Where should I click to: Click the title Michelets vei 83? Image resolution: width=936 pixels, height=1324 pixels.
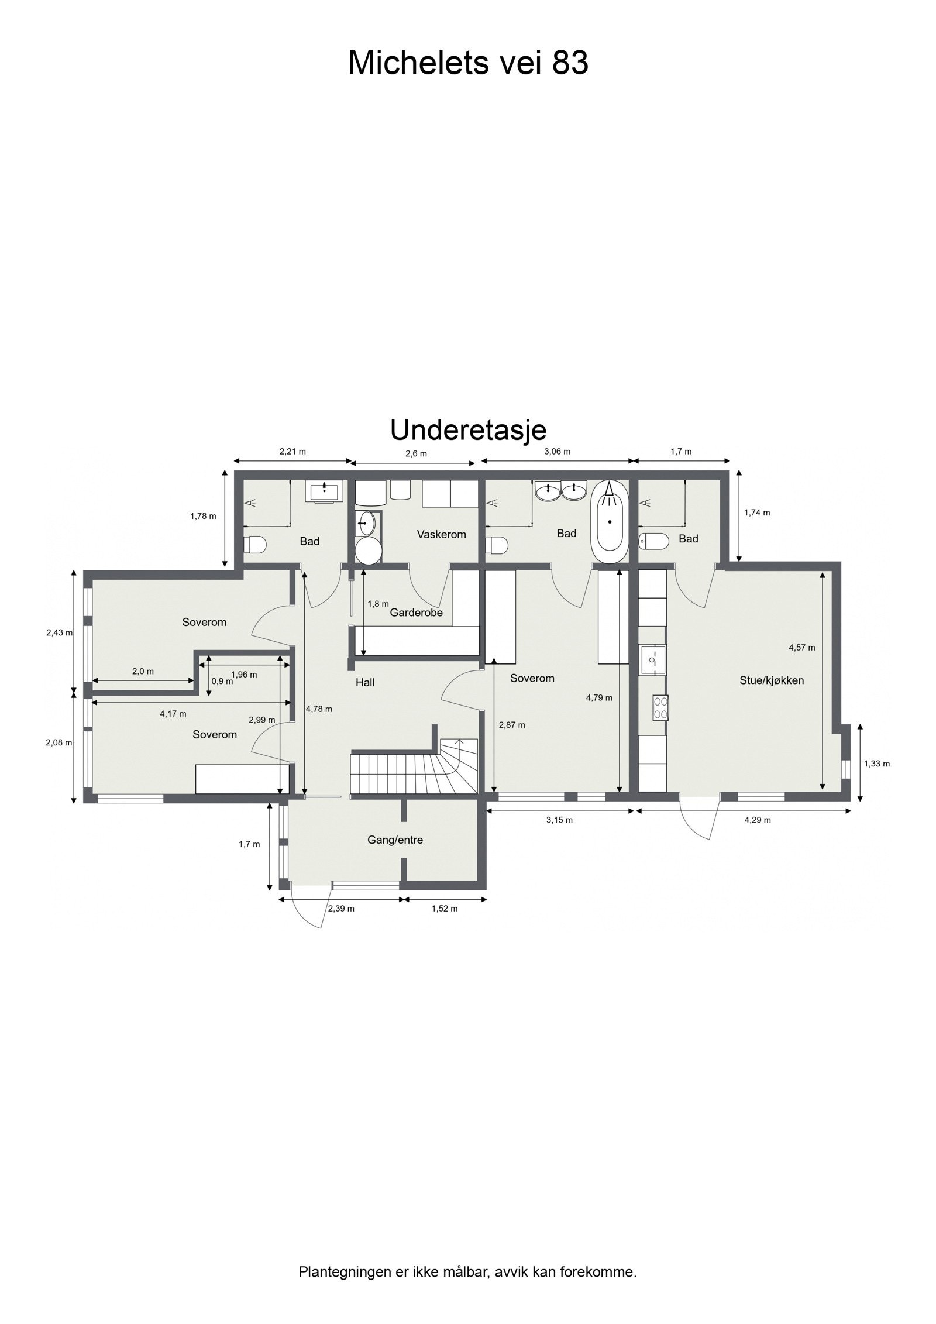tap(467, 63)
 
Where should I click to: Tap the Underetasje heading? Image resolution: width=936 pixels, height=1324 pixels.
tap(467, 431)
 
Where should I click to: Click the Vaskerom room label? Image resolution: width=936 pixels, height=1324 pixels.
tap(441, 534)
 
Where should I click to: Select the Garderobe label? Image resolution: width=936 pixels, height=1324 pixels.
tap(416, 613)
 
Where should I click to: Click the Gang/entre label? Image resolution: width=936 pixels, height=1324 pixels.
tap(395, 840)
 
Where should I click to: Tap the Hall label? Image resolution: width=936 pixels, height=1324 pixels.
tap(365, 682)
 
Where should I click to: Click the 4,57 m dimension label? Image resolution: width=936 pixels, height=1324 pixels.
tap(801, 648)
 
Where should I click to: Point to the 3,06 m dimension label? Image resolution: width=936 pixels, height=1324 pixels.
tap(557, 452)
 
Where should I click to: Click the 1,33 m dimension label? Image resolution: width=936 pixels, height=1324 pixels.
tap(877, 764)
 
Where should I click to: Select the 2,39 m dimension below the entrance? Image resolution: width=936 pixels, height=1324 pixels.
tap(341, 909)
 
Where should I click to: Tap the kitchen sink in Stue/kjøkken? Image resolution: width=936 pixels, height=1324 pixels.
tap(652, 660)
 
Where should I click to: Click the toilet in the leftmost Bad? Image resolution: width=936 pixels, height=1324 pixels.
tap(255, 545)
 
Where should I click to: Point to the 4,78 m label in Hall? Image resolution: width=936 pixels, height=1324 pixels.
tap(319, 709)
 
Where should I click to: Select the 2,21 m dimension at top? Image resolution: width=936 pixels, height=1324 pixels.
tap(292, 452)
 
